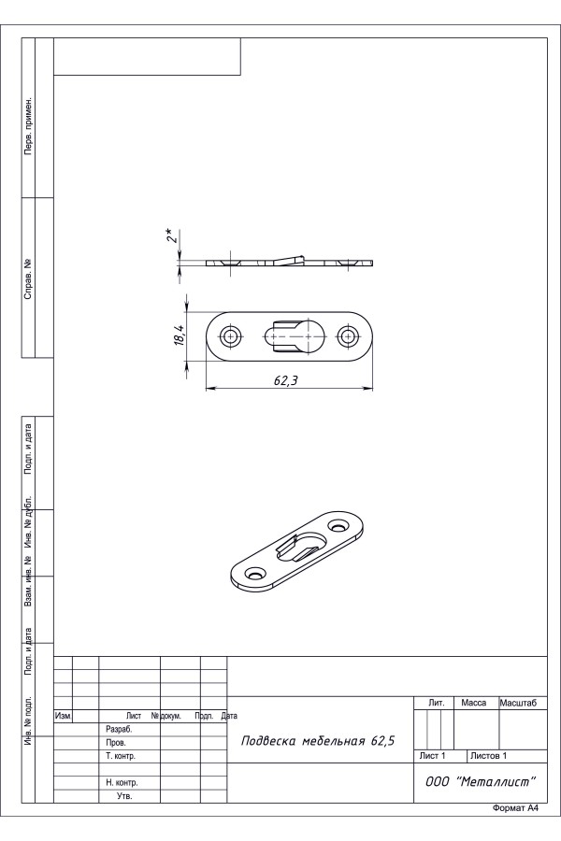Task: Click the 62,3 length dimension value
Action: click(285, 380)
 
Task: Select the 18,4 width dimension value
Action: click(180, 335)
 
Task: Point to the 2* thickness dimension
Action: click(171, 235)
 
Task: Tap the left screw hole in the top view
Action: click(231, 336)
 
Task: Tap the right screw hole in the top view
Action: click(348, 336)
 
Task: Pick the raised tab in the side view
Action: click(290, 259)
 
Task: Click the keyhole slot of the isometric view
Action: click(302, 546)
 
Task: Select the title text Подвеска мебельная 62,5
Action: click(318, 741)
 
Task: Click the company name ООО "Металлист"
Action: click(481, 781)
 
